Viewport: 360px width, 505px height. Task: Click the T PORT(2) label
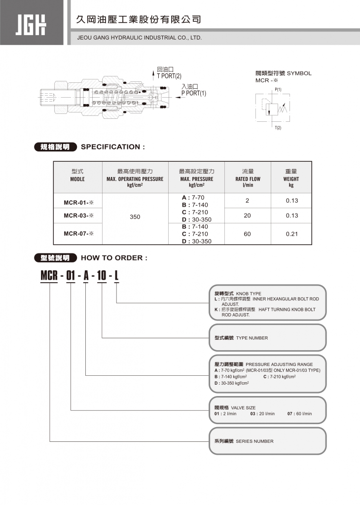coord(169,76)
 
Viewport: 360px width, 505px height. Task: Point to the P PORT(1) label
coord(193,93)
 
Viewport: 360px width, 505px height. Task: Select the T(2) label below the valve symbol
coord(278,128)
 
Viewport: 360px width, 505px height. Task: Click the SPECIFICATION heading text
coord(113,147)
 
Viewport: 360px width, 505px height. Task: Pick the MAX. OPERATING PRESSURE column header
coord(135,179)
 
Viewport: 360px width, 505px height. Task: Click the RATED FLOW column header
coord(248,179)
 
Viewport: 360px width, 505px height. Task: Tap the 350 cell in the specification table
coord(135,216)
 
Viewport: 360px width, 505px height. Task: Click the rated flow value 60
coord(248,234)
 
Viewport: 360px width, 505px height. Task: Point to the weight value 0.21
coord(292,234)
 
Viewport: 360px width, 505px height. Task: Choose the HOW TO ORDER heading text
coord(114,258)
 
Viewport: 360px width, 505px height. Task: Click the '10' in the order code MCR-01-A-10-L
coord(102,276)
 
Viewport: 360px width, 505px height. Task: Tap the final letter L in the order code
coord(116,276)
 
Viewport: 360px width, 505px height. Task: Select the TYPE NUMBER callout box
coord(267,338)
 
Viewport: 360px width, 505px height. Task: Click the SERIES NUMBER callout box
coord(267,441)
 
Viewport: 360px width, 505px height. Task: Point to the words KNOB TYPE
coord(249,293)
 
